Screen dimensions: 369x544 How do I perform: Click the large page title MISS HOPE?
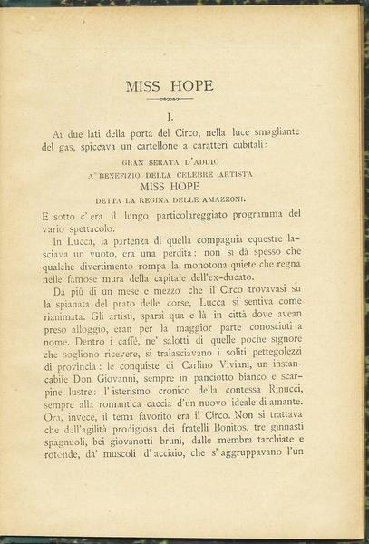170,86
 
